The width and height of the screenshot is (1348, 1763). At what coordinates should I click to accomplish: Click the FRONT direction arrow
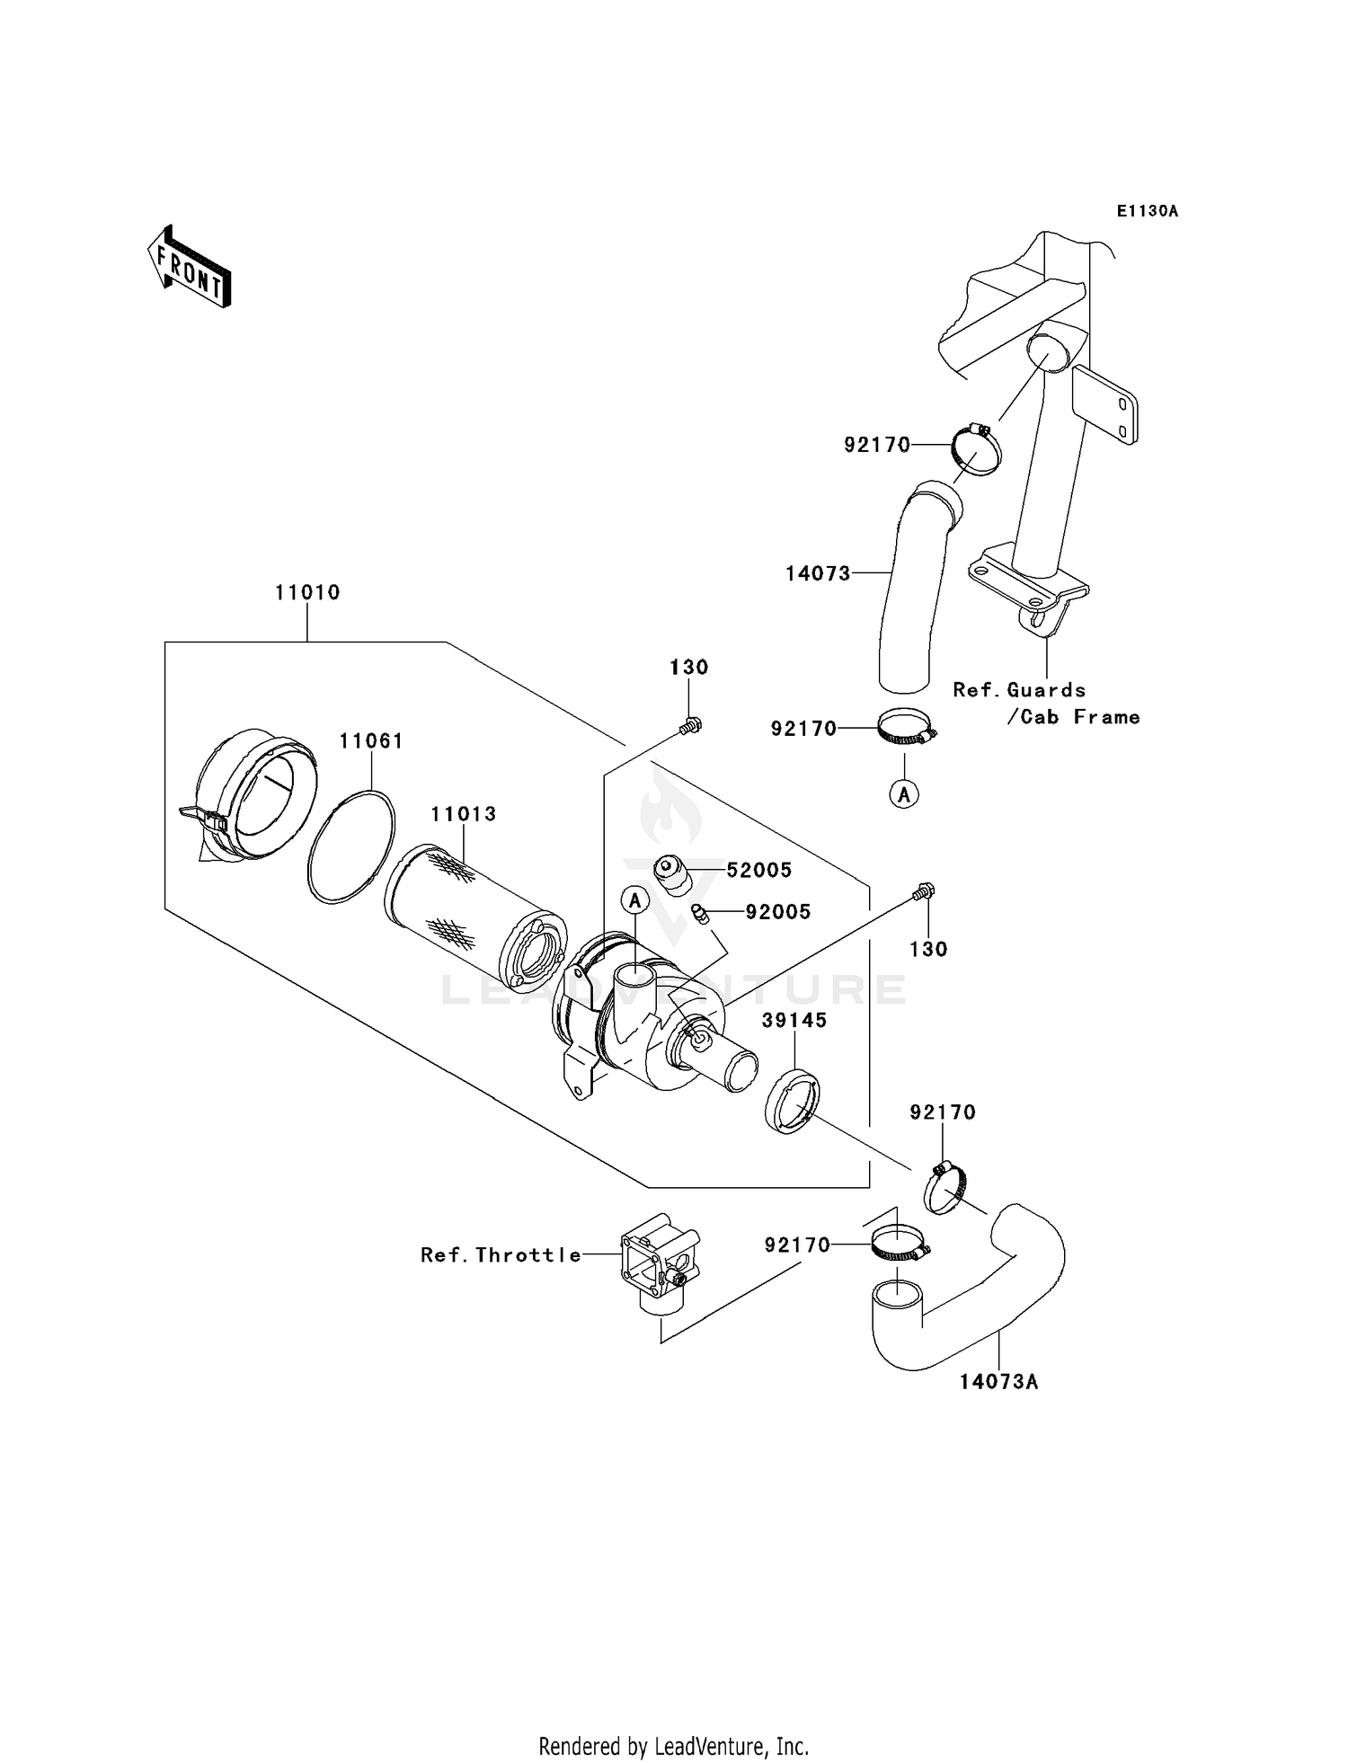click(x=190, y=268)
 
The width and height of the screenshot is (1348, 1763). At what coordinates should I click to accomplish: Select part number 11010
click(x=307, y=592)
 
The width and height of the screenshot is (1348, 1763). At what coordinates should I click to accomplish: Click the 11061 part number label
click(x=371, y=741)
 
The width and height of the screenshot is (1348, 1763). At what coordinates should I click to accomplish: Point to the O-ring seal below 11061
click(x=350, y=846)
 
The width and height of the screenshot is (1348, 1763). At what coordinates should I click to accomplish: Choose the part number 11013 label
click(x=463, y=814)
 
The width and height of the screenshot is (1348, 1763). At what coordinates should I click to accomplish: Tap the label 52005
click(x=758, y=870)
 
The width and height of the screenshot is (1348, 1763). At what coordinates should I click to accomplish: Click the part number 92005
click(x=778, y=912)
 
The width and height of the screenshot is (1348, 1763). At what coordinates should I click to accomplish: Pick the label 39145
click(x=794, y=1021)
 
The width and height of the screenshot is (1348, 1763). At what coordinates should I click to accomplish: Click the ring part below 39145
click(x=792, y=1101)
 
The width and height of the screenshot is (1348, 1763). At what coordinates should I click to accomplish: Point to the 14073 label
click(x=818, y=573)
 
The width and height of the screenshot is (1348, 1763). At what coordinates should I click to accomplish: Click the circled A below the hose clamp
click(x=904, y=794)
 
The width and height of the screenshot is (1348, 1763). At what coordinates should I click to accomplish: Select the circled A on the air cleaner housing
click(x=635, y=899)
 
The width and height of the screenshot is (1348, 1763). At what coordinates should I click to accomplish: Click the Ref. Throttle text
click(x=501, y=1255)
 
